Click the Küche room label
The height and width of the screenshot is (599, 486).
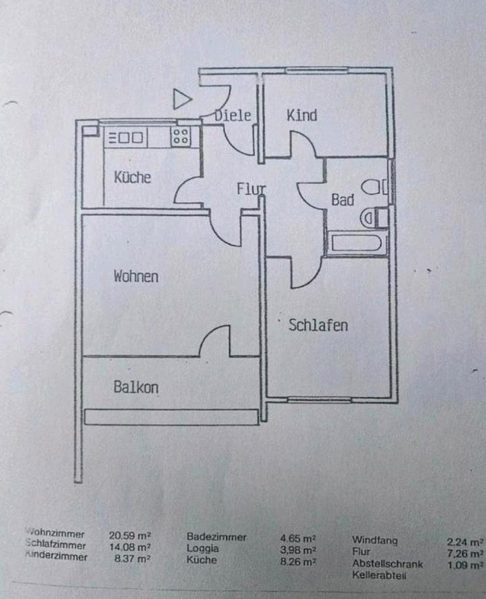132,178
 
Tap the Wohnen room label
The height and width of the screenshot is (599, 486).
136,276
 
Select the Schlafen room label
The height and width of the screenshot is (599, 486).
318,326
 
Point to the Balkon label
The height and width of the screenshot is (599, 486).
136,387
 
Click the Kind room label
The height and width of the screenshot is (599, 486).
302,116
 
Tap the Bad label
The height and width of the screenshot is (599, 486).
342,200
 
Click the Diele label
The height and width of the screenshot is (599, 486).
233,116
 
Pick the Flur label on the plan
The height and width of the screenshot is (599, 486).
251,189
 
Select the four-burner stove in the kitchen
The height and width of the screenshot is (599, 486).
180,137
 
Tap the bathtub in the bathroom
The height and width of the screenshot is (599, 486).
357,243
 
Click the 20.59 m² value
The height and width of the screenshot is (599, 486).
130,536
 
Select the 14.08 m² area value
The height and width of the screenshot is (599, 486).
130,547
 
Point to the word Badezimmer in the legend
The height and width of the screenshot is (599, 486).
216,537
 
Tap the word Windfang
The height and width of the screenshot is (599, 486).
374,539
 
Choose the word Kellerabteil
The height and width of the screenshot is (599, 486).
380,575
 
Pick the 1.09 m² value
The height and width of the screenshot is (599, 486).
466,565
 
